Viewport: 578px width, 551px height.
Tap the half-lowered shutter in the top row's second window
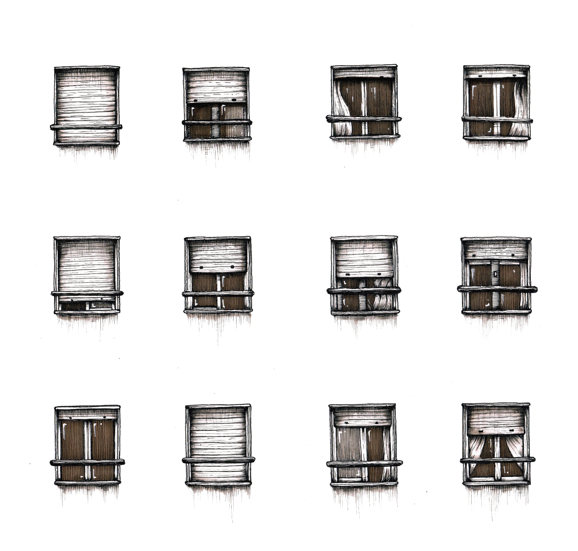coord(216,86)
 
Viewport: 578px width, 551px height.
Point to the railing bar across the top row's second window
coord(216,123)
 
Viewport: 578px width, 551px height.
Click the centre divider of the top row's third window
coord(364,106)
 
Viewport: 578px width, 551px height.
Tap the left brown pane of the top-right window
coord(481,99)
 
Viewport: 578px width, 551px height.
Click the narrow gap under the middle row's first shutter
coord(86,305)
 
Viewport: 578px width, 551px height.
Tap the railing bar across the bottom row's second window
coord(217,460)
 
